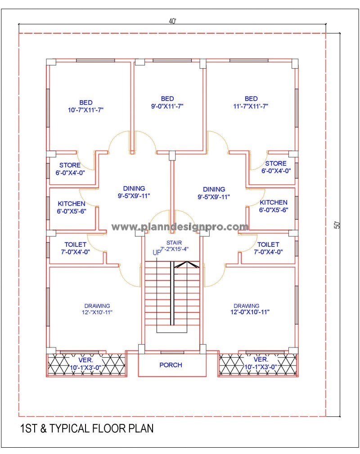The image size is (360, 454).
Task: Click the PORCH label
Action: (171, 365)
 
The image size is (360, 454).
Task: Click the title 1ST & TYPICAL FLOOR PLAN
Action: (86, 428)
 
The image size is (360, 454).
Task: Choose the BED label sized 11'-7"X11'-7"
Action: (251, 98)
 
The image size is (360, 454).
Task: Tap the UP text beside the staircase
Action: (157, 253)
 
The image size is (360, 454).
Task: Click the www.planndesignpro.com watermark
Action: (180, 227)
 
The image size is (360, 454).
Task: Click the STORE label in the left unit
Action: (70, 165)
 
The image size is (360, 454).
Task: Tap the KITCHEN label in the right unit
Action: (274, 203)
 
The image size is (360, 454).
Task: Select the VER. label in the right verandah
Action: (261, 360)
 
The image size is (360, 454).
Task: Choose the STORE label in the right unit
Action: (275, 163)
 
